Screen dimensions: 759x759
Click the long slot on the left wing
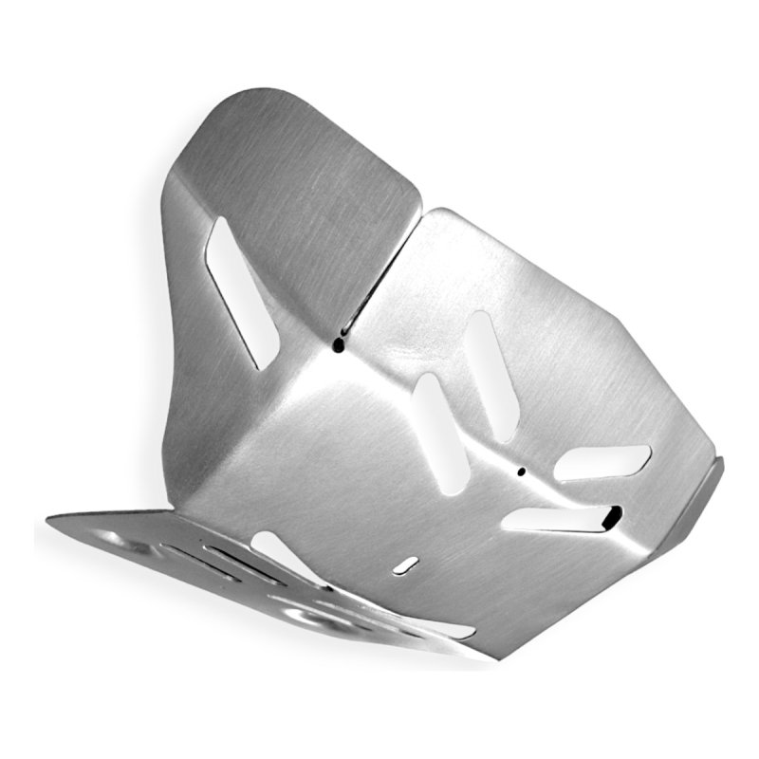coord(243,291)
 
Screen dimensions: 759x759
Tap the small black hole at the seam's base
coord(338,347)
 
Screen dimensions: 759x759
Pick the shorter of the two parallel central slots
coord(441,433)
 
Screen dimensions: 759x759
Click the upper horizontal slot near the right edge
coord(602,462)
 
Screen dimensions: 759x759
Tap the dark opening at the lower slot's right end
coord(612,518)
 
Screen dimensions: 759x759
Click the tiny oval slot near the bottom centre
coord(406,565)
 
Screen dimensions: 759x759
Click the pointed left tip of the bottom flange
coord(49,520)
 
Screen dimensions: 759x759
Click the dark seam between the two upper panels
coord(379,275)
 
